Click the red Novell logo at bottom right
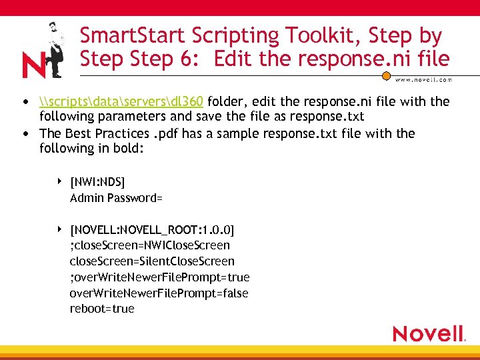pyautogui.click(x=428, y=333)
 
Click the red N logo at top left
pyautogui.click(x=33, y=65)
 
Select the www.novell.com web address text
pyautogui.click(x=423, y=79)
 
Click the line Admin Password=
pyautogui.click(x=117, y=197)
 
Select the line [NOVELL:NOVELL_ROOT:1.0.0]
pyautogui.click(x=152, y=230)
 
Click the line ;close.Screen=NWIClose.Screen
pyautogui.click(x=149, y=245)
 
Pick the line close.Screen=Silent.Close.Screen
pyautogui.click(x=152, y=261)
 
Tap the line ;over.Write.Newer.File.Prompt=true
pyautogui.click(x=159, y=277)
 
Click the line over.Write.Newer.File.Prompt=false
pyautogui.click(x=159, y=293)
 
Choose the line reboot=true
pyautogui.click(x=102, y=309)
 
